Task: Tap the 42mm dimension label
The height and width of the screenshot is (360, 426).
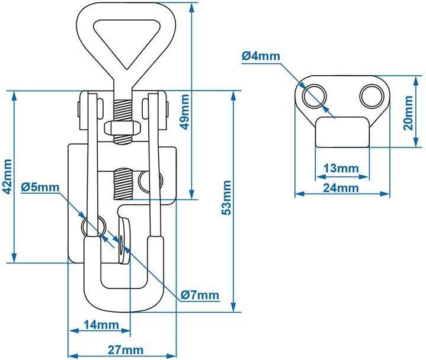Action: pyautogui.click(x=7, y=175)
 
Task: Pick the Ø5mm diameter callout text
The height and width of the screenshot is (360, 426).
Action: pyautogui.click(x=40, y=188)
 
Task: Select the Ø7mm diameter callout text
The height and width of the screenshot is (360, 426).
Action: pyautogui.click(x=200, y=294)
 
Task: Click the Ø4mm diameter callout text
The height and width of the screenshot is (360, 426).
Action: pyautogui.click(x=261, y=57)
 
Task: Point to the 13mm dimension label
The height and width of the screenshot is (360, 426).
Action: pyautogui.click(x=341, y=168)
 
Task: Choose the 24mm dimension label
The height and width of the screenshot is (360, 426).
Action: pyautogui.click(x=341, y=188)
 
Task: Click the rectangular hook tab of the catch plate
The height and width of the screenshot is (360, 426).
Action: pyautogui.click(x=342, y=131)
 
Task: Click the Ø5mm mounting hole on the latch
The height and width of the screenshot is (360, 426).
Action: pyautogui.click(x=93, y=224)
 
